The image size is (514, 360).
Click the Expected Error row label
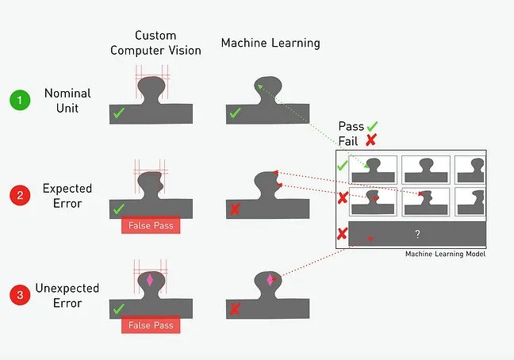pos(68,196)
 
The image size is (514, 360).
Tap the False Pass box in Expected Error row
pos(151,226)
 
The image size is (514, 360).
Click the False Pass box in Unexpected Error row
pos(151,325)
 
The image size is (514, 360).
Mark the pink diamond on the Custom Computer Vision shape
pos(151,280)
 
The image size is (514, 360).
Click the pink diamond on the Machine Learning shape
pos(270,281)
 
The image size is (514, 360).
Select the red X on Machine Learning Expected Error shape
pos(235,209)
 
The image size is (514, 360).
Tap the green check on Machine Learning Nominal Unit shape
pos(235,114)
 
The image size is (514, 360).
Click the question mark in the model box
pos(417,234)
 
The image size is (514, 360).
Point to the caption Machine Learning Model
pos(445,255)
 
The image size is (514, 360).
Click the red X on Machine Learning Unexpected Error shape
pos(235,308)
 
